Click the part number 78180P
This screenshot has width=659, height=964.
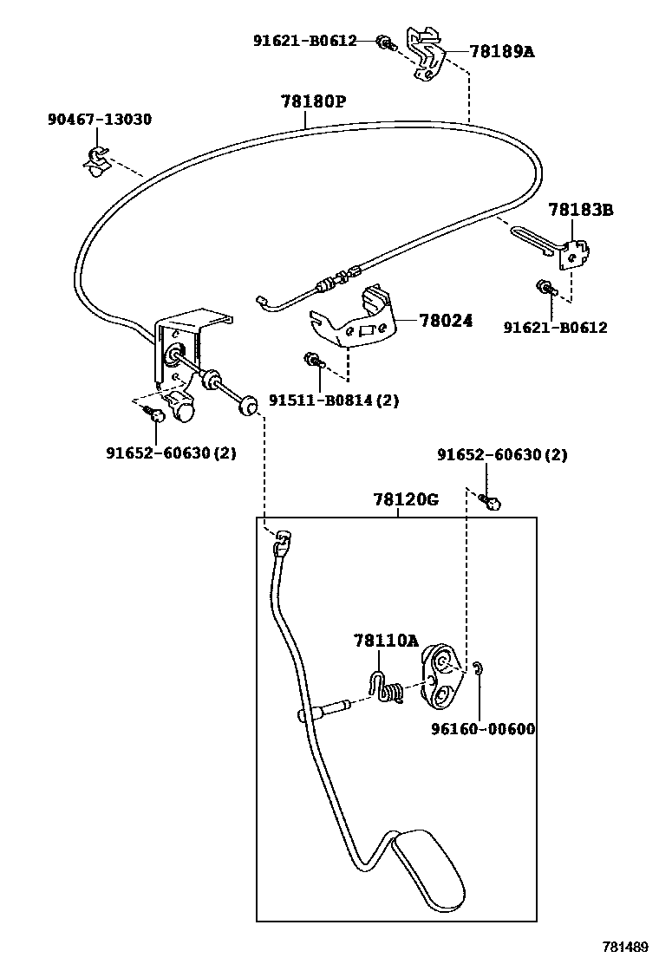[x=313, y=101]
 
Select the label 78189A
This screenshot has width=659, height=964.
[x=502, y=51]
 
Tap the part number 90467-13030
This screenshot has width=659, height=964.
[x=99, y=119]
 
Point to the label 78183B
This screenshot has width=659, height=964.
[x=580, y=210]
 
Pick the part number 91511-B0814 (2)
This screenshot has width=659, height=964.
[x=334, y=401]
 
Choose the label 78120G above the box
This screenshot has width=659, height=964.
[x=406, y=500]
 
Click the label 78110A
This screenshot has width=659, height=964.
[x=385, y=641]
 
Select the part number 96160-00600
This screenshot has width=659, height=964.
[x=483, y=729]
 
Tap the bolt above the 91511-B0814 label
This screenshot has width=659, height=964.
[x=311, y=361]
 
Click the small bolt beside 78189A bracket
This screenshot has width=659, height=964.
[x=385, y=42]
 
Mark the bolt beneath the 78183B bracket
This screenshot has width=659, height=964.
[x=545, y=287]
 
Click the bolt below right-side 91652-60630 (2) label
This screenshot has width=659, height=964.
[x=492, y=502]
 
